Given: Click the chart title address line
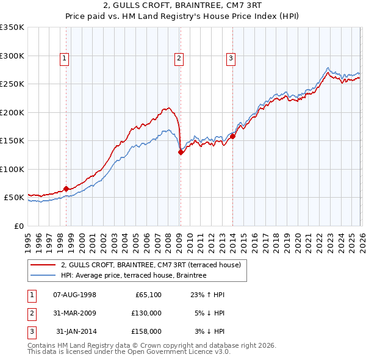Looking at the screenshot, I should (x=183, y=5).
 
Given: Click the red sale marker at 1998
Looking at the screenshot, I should (x=66, y=189).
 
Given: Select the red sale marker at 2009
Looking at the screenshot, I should (x=181, y=153).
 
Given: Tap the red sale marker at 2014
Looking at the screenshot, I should (x=232, y=137).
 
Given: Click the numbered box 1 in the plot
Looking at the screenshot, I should (x=65, y=59).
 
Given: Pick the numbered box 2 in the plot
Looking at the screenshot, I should (x=179, y=59).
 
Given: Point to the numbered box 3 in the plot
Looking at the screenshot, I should (x=231, y=59).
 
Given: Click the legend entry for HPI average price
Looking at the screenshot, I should (x=134, y=275).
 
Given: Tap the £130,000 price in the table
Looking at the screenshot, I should (x=147, y=313).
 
